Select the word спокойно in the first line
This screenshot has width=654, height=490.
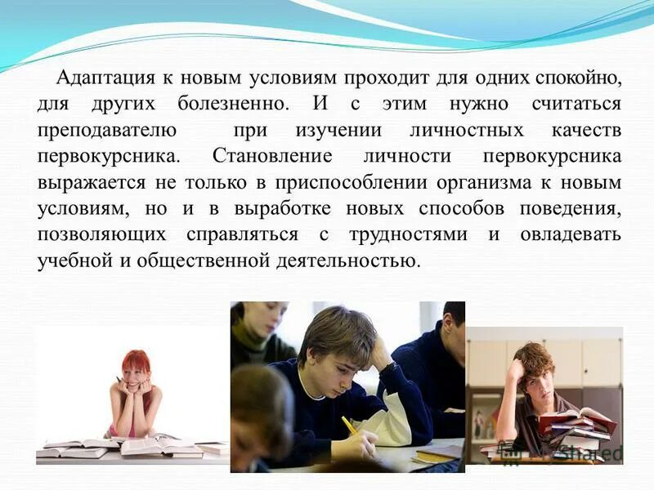coord(578,78)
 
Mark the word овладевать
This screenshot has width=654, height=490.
coord(570,235)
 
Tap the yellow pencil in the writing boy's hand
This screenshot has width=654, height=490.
coord(349,425)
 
